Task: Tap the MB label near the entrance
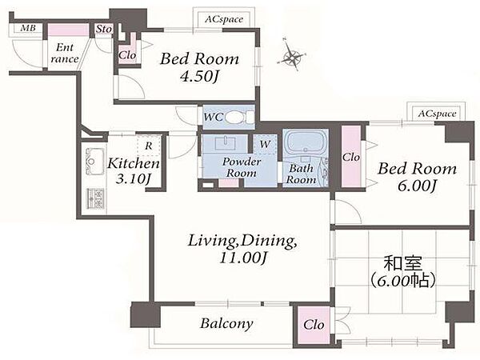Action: (x=28, y=29)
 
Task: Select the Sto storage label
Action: (x=103, y=29)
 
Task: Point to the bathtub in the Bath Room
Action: (x=305, y=142)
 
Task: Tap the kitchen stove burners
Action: (x=96, y=198)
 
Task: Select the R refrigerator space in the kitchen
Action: (x=149, y=146)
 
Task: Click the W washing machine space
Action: (x=265, y=144)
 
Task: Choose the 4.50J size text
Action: (x=199, y=77)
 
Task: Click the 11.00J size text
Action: (x=243, y=258)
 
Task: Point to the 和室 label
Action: (x=403, y=263)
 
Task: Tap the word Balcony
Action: (x=226, y=323)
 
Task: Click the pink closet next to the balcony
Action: (x=312, y=325)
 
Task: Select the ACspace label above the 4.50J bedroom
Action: (x=223, y=19)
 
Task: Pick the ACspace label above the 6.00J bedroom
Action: (x=437, y=114)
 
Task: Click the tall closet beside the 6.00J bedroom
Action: (x=351, y=157)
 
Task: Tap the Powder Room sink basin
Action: (x=225, y=143)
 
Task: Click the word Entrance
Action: (x=65, y=53)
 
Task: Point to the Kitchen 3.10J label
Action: (x=134, y=170)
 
